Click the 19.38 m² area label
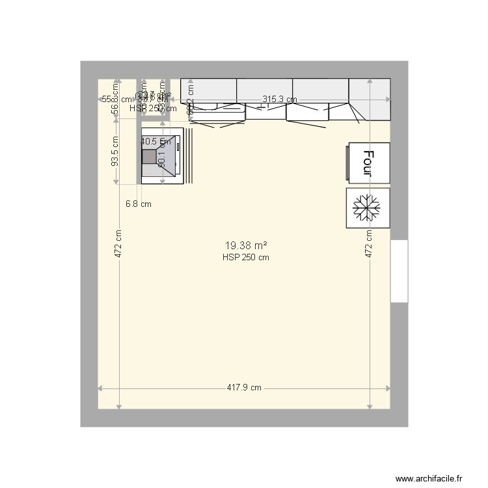pos(246,246)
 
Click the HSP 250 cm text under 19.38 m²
pos(246,257)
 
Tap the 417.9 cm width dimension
pos(244,388)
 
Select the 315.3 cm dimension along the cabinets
pos(279,100)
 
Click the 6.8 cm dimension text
pos(138,204)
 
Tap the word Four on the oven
pos(369,163)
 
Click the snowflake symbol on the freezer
pos(368,208)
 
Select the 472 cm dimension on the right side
pos(369,245)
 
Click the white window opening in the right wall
pos(399,271)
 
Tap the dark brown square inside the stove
pos(150,157)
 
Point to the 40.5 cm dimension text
pos(156,141)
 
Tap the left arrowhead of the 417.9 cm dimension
pos(100,388)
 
